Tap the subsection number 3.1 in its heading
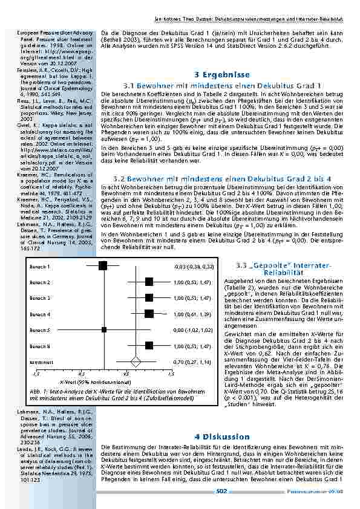coord(128,86)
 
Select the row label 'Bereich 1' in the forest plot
coord(40,266)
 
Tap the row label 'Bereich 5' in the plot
coord(40,330)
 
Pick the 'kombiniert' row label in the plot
coord(41,361)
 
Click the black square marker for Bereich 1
coord(103,265)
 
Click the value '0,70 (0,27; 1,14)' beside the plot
coord(194,361)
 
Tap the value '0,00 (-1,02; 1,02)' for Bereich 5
coord(194,330)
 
